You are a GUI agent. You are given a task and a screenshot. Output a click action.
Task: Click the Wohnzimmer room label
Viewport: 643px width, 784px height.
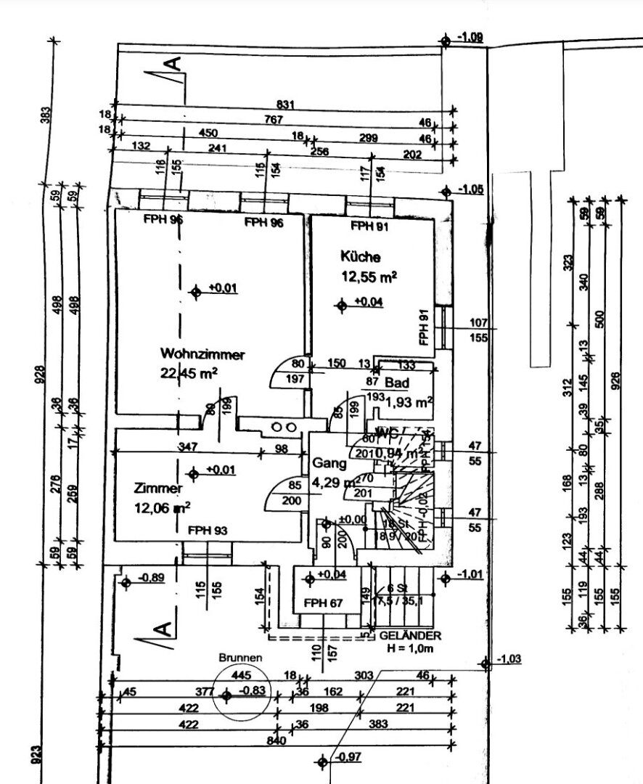coord(202,355)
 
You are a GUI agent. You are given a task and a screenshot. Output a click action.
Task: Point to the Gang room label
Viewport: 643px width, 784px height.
coord(326,462)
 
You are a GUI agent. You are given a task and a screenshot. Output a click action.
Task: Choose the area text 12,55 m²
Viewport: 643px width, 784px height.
coord(369,276)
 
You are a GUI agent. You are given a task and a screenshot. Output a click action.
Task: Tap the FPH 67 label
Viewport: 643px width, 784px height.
coord(323,603)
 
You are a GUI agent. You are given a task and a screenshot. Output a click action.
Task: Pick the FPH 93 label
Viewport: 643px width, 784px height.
coord(208,531)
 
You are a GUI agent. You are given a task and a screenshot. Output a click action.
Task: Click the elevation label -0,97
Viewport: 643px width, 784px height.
coord(349,758)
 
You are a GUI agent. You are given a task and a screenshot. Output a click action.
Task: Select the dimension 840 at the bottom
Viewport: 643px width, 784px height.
coord(277,742)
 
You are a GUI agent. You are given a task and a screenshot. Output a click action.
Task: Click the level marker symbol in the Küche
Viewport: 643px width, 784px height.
coord(342,305)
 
